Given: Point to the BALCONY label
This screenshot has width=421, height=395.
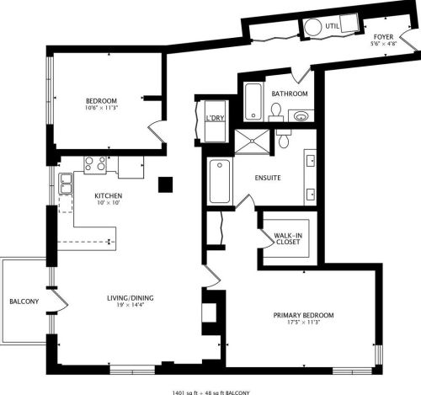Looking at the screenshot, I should pyautogui.click(x=24, y=302).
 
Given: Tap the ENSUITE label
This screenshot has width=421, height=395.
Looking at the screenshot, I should pyautogui.click(x=268, y=179).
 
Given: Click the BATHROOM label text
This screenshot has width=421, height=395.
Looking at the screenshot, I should pyautogui.click(x=289, y=94).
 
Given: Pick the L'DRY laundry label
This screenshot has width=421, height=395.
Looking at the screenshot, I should pyautogui.click(x=215, y=119).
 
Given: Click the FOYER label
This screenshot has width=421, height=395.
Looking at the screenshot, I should pyautogui.click(x=382, y=38).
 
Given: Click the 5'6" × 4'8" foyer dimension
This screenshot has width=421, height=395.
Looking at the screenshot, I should pyautogui.click(x=382, y=45).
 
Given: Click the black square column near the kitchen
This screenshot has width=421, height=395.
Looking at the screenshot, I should pyautogui.click(x=167, y=183).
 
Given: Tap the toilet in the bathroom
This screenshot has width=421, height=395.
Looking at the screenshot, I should pyautogui.click(x=275, y=110).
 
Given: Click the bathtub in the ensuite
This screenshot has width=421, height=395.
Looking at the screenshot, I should pyautogui.click(x=220, y=181).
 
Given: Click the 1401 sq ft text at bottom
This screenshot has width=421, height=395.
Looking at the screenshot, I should pyautogui.click(x=189, y=391).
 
